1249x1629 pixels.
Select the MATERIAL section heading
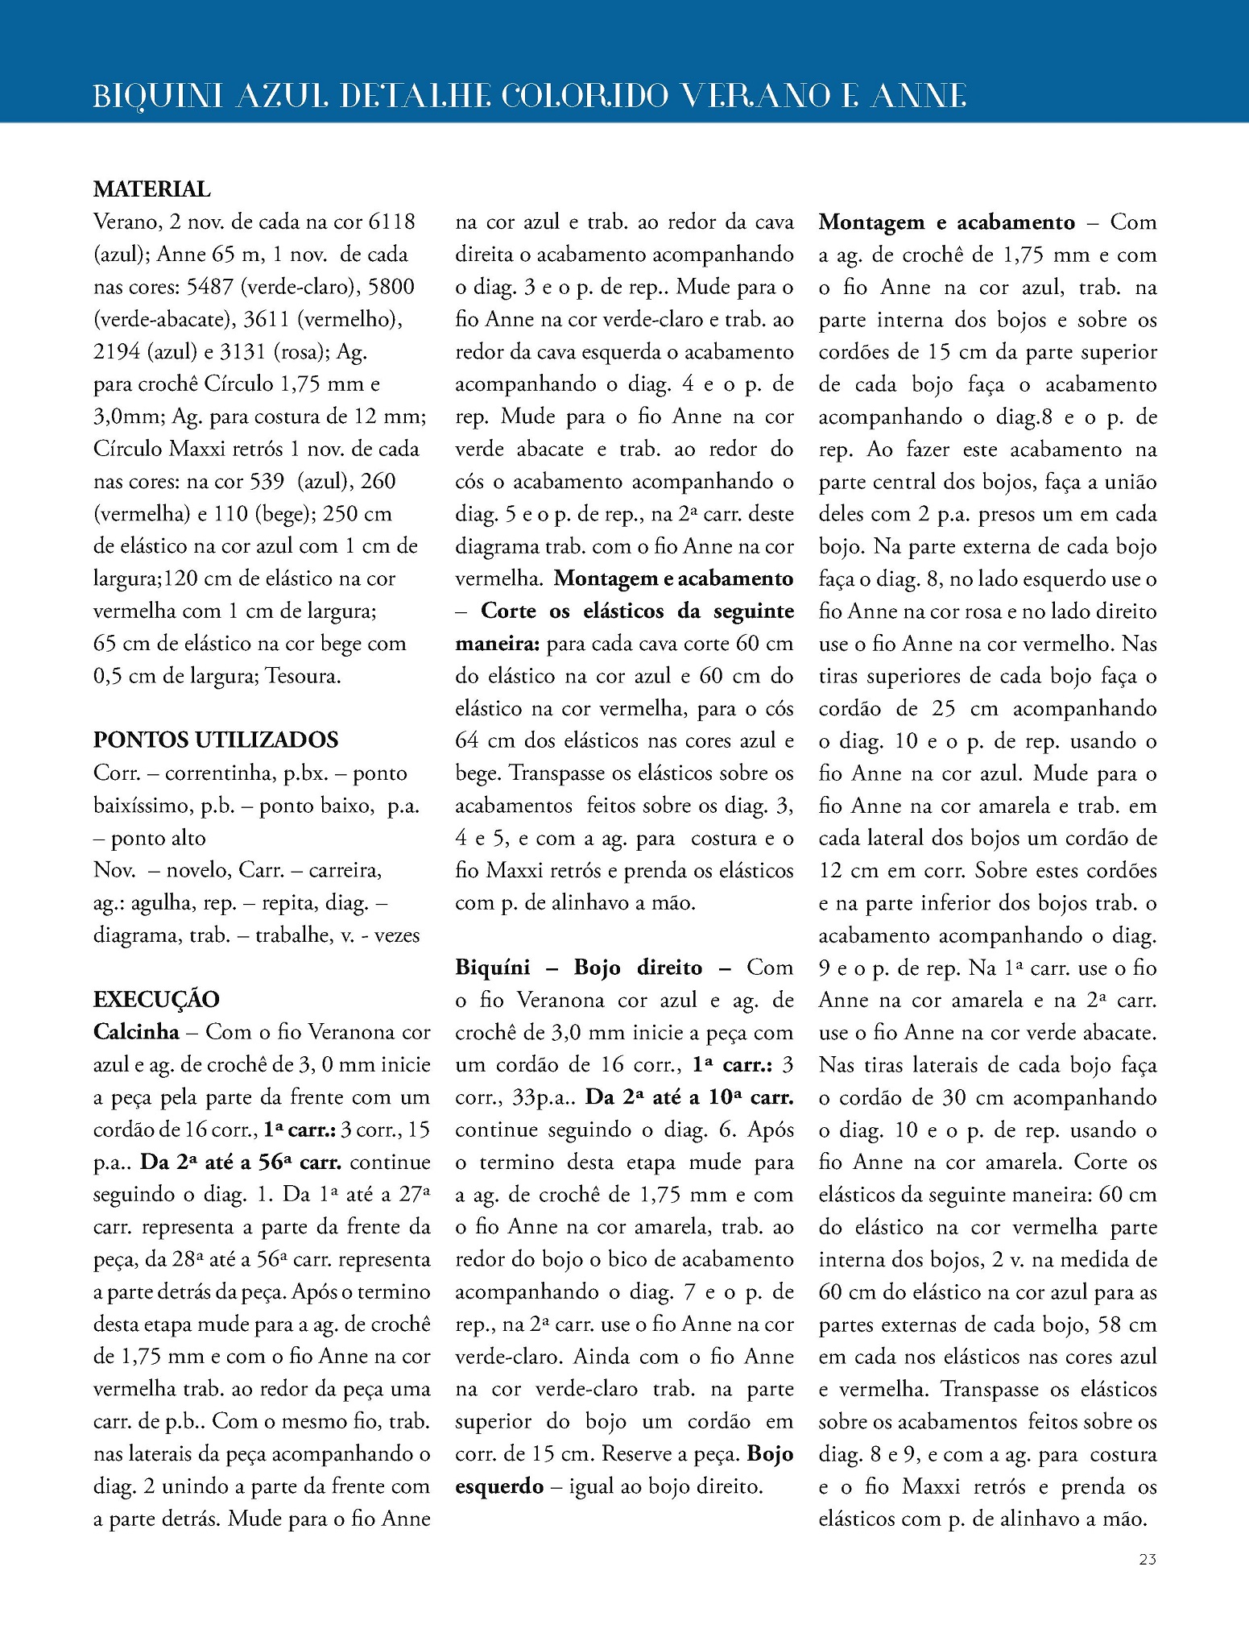point(152,189)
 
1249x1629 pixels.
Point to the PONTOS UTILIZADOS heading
point(216,740)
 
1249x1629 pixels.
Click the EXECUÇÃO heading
point(156,1000)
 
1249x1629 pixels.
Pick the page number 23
point(1148,1581)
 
